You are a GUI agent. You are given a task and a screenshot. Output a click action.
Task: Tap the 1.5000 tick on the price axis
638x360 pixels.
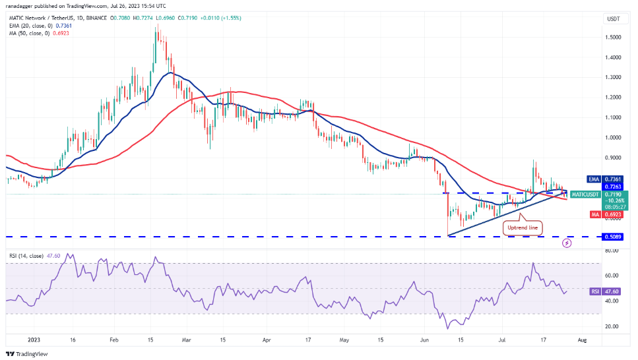pos(614,37)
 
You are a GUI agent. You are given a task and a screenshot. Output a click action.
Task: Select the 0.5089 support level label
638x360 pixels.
pos(615,236)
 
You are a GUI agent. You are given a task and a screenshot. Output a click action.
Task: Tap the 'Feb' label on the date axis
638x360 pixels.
pos(113,340)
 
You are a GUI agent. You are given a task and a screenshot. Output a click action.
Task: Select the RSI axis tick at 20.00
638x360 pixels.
pos(614,326)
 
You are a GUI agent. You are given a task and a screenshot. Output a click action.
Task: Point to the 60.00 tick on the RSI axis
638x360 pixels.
pos(614,276)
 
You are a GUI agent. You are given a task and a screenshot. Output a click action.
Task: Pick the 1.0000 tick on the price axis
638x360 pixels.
pos(614,138)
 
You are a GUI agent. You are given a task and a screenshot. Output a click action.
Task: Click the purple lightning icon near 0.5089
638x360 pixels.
pos(567,243)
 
